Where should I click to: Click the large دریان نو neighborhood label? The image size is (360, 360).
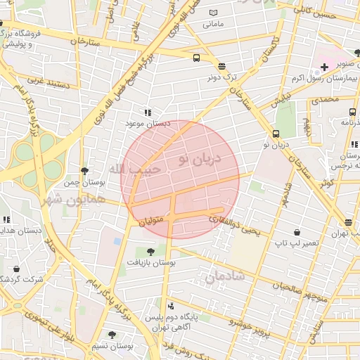tap(199, 160)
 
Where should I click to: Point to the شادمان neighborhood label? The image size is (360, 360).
tap(224, 277)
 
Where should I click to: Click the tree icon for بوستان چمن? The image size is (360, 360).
tap(85, 171)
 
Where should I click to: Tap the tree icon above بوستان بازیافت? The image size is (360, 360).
tap(150, 251)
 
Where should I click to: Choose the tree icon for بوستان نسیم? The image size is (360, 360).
tap(112, 335)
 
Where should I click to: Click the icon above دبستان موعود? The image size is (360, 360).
tap(148, 112)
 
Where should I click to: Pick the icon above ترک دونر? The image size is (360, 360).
tap(222, 66)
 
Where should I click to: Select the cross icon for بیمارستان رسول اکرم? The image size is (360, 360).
tap(324, 67)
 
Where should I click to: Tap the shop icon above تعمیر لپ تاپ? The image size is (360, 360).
tap(297, 232)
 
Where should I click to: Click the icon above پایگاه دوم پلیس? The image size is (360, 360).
tap(172, 306)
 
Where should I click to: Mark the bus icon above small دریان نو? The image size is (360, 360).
tap(276, 134)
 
